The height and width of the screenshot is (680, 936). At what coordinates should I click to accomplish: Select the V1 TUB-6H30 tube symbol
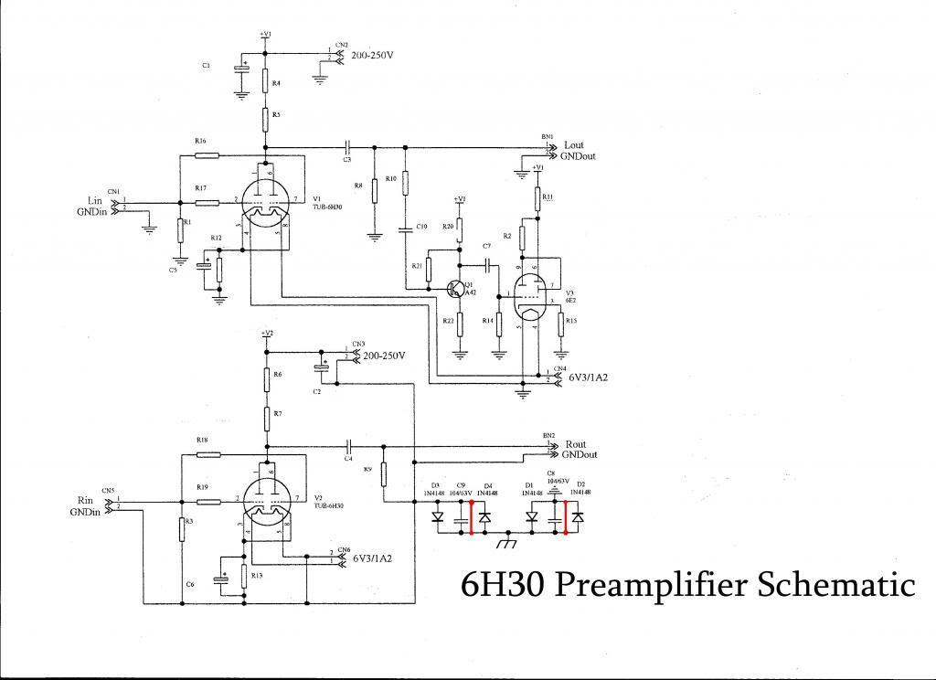266,204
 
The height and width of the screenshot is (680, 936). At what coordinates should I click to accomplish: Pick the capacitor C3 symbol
347,146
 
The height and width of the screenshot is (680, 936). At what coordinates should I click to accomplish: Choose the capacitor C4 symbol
348,446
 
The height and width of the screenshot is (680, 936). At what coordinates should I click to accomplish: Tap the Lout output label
573,144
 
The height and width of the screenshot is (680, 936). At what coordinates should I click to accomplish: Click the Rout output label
575,444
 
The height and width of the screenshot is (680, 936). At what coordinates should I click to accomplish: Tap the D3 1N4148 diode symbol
437,517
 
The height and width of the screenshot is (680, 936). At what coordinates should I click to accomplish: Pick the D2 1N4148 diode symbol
578,517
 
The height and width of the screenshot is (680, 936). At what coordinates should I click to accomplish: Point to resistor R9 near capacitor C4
384,473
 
